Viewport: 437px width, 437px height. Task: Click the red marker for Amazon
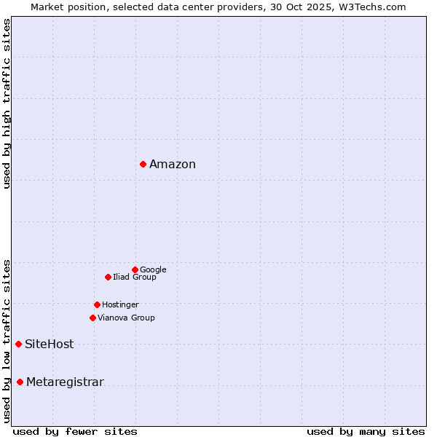click(x=143, y=164)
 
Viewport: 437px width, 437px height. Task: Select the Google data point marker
click(x=135, y=269)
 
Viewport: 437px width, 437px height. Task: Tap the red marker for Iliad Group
click(x=108, y=277)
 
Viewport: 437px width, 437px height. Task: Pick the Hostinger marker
click(x=97, y=304)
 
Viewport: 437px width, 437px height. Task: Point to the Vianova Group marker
click(x=92, y=318)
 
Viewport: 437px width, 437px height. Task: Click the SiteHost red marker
click(x=18, y=344)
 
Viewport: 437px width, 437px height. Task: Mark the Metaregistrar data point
click(x=20, y=382)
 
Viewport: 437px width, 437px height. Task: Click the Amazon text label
click(x=173, y=165)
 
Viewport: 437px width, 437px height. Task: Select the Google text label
click(x=153, y=270)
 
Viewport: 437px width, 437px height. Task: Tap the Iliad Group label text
click(x=135, y=277)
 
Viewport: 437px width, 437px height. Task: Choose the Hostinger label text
click(x=120, y=305)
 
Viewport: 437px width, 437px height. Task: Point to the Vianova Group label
click(x=126, y=318)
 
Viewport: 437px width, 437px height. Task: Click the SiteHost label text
click(x=50, y=345)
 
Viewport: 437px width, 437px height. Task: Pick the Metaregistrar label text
click(x=65, y=382)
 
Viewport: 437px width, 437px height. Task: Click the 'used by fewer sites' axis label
click(x=75, y=432)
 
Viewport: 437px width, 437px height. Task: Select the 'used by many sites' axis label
click(x=366, y=432)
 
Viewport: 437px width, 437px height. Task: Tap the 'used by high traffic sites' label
click(x=7, y=103)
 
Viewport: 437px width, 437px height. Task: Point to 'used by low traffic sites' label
click(x=7, y=341)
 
